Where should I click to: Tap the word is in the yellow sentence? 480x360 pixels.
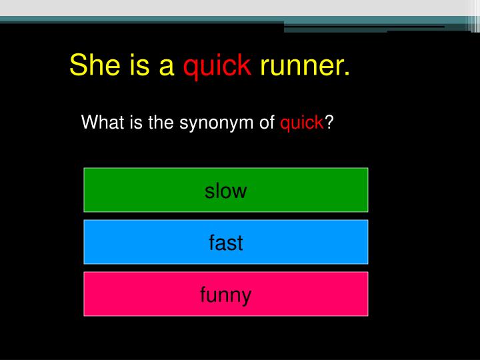point(134,65)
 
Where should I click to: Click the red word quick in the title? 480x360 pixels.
point(217,66)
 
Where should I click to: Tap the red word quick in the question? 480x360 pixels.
point(302,123)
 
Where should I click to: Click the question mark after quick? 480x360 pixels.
point(329,123)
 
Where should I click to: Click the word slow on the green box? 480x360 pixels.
point(225,191)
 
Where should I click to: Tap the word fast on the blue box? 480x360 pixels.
point(225,243)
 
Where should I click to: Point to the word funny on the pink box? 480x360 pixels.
point(225,295)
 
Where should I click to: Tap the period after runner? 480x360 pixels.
point(347,73)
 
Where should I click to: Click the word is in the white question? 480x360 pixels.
point(133,123)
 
